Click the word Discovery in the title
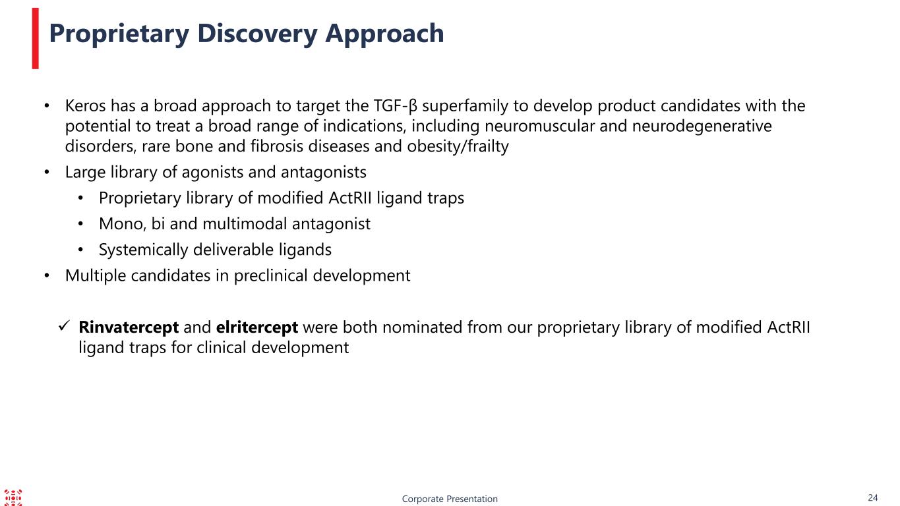(257, 34)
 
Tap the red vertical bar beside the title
(36, 39)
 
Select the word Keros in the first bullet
(86, 106)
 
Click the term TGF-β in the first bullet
(396, 107)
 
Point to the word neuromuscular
(539, 126)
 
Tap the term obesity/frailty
(458, 147)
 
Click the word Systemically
(143, 250)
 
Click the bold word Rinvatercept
(129, 327)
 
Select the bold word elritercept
(257, 327)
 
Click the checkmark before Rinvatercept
(65, 325)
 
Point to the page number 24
(873, 497)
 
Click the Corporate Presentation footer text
(450, 499)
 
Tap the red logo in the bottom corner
(13, 497)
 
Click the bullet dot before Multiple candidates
(47, 276)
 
